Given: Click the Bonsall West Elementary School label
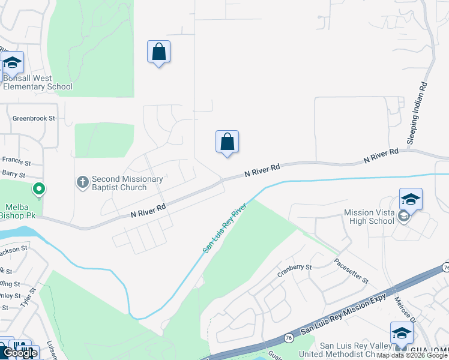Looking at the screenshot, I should pyautogui.click(x=37, y=83).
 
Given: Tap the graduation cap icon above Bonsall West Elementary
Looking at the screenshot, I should pyautogui.click(x=12, y=62).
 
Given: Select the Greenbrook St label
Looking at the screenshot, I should pyautogui.click(x=34, y=119).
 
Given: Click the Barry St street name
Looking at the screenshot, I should pyautogui.click(x=13, y=175).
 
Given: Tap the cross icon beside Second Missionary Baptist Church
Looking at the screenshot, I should pyautogui.click(x=83, y=181).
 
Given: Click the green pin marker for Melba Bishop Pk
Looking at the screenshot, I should pyautogui.click(x=39, y=190).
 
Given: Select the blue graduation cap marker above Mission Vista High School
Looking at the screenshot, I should pyautogui.click(x=411, y=199).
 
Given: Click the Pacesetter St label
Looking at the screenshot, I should pyautogui.click(x=351, y=272).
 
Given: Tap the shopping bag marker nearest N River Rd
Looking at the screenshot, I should pyautogui.click(x=227, y=142).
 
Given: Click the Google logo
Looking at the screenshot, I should pyautogui.click(x=19, y=353).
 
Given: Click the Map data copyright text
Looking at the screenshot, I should pyautogui.click(x=412, y=355).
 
